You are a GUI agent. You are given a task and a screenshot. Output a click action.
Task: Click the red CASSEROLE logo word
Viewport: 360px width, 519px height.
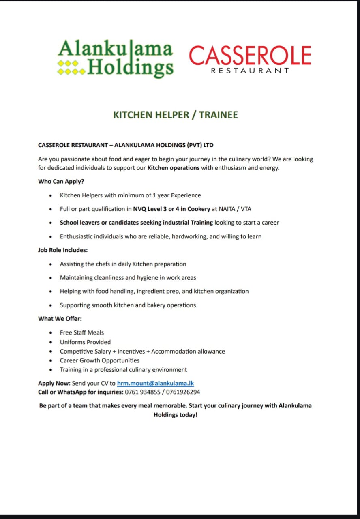click(x=250, y=56)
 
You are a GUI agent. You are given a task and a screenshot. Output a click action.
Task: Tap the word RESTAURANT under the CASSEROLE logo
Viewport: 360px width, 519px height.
click(x=250, y=71)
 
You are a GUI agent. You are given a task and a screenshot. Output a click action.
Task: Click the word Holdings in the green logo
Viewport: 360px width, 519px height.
click(x=130, y=67)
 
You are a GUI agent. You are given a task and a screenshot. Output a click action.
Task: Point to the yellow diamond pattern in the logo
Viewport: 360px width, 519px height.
click(x=71, y=67)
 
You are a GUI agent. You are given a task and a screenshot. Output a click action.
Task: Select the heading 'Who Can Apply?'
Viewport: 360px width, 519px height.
click(x=61, y=181)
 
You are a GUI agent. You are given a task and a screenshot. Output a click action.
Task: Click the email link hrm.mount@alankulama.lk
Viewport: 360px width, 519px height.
click(x=155, y=383)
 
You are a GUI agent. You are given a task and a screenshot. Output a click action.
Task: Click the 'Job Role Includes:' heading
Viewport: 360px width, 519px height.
click(x=63, y=250)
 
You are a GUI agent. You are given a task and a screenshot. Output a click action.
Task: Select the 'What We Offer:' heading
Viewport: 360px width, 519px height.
click(x=60, y=319)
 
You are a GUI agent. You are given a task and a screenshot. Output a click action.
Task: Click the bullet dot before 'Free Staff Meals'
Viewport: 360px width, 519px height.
click(x=50, y=333)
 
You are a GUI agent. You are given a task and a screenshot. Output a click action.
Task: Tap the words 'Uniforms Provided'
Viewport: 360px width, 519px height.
click(x=85, y=342)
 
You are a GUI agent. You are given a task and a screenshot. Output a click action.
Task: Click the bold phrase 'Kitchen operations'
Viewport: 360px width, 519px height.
click(x=174, y=168)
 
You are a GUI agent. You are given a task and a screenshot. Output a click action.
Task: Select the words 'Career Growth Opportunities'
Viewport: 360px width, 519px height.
click(x=100, y=360)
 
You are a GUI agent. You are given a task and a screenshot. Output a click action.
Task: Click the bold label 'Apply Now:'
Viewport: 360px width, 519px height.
click(x=54, y=383)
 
